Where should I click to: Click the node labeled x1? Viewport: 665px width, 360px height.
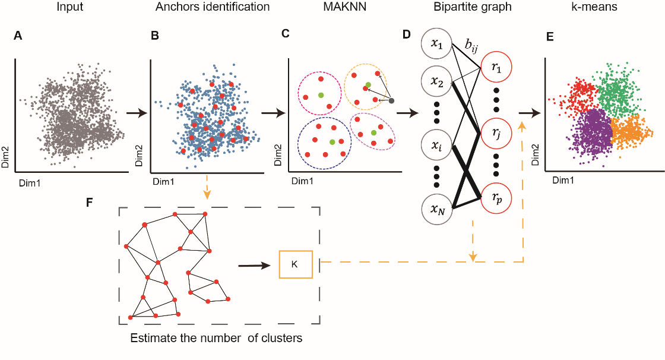[x=437, y=44]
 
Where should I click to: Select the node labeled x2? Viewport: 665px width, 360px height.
[x=437, y=81]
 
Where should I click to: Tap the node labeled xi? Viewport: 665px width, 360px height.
[x=437, y=145]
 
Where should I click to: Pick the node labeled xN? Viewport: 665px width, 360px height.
[x=437, y=209]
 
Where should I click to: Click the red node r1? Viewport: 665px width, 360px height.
[x=496, y=67]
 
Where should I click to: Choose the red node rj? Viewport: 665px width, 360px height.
[x=496, y=133]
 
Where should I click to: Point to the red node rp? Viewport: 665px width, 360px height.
[x=496, y=198]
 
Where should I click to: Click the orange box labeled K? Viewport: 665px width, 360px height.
[x=296, y=264]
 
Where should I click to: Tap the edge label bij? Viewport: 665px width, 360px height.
[x=471, y=45]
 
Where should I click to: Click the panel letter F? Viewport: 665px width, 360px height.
[x=89, y=202]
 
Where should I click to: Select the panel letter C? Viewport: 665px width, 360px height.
[x=286, y=33]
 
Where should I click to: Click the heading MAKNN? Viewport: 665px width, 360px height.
[x=345, y=7]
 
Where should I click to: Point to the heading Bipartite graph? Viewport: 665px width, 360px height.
[x=473, y=7]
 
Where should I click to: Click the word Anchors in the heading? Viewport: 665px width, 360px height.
[x=175, y=7]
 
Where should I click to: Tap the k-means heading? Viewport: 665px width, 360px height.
[x=594, y=7]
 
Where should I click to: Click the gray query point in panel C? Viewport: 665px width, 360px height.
[x=391, y=100]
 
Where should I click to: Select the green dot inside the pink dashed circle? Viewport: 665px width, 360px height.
[x=321, y=94]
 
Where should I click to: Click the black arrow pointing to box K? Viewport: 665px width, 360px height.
[x=254, y=266]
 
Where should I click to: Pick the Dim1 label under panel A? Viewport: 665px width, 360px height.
[x=30, y=184]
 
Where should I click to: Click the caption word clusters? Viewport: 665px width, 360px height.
[x=281, y=338]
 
